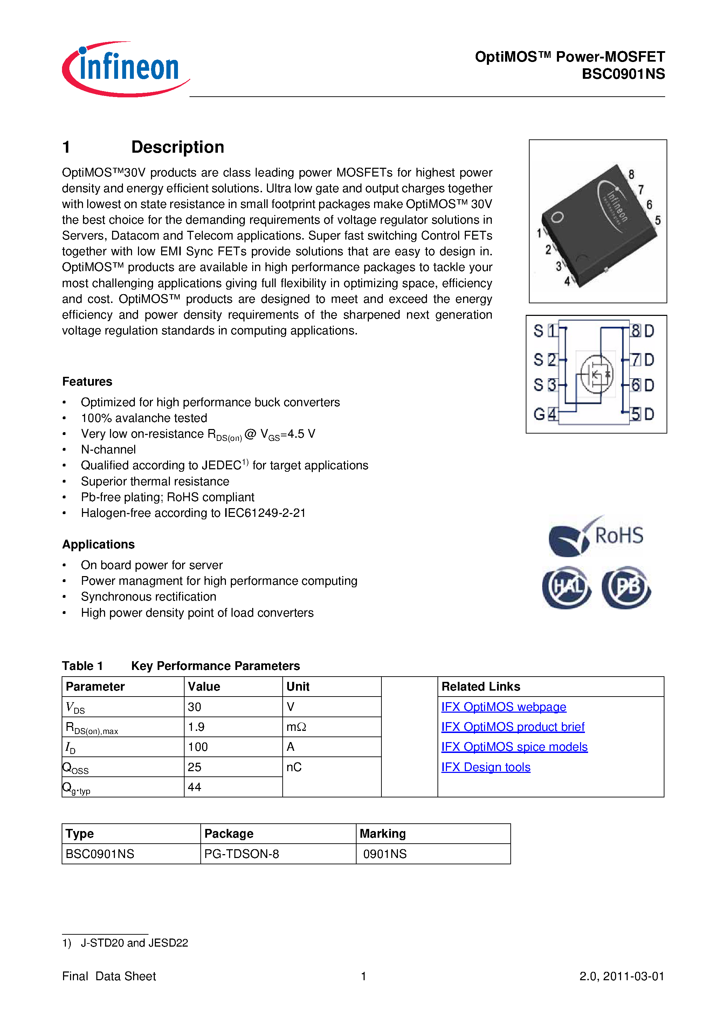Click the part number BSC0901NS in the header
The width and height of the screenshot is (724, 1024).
click(x=623, y=74)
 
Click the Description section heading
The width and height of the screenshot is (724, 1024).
click(x=177, y=147)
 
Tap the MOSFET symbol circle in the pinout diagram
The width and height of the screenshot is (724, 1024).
click(x=597, y=374)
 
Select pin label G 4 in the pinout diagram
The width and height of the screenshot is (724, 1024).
click(x=545, y=414)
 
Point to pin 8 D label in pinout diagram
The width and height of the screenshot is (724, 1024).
click(x=642, y=331)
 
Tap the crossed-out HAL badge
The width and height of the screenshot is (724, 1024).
click(x=566, y=587)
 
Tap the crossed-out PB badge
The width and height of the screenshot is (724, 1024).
click(x=626, y=587)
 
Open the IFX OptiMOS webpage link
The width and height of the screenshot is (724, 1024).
click(x=503, y=707)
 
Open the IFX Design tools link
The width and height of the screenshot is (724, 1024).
click(x=485, y=767)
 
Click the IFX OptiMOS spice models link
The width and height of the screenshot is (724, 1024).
click(x=514, y=747)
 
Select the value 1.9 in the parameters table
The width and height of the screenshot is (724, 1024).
click(x=196, y=727)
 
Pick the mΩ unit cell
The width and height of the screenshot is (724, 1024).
click(x=296, y=727)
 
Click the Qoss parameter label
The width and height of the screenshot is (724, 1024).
click(x=76, y=768)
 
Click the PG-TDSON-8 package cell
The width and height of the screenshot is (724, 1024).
click(x=241, y=854)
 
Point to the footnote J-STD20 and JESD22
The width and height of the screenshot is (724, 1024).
click(x=134, y=943)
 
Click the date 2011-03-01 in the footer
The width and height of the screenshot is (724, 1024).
click(x=633, y=976)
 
